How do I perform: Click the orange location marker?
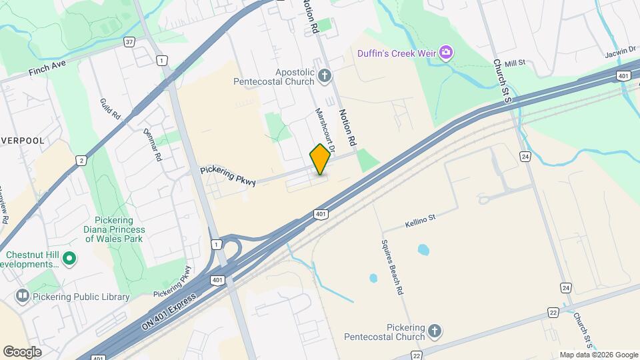pyautogui.click(x=320, y=159)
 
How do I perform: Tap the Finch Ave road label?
pyautogui.click(x=49, y=67)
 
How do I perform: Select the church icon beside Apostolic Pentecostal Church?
pyautogui.click(x=325, y=76)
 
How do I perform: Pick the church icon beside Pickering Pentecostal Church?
pyautogui.click(x=434, y=331)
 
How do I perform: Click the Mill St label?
pyautogui.click(x=515, y=63)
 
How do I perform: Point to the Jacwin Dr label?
pyautogui.click(x=618, y=52)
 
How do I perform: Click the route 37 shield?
pyautogui.click(x=129, y=41)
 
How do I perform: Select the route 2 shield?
pyautogui.click(x=81, y=160)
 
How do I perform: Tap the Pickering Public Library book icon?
pyautogui.click(x=23, y=295)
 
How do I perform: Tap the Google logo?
pyautogui.click(x=22, y=351)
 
